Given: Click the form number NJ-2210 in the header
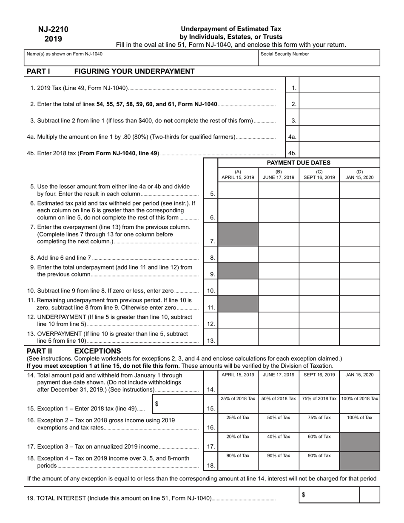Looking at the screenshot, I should pos(53,29).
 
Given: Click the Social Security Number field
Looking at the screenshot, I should pos(319,58).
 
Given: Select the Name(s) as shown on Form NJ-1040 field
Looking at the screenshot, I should pos(141,58).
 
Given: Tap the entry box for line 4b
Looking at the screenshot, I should pos(339,150).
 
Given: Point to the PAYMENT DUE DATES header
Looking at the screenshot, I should pos(298,163).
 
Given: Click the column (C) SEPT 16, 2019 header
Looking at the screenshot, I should pos(319,175).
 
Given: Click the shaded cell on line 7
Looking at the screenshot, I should pos(238,235).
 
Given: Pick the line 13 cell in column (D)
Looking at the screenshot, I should pos(359,337).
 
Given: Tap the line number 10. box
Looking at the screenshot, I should pos(211,291).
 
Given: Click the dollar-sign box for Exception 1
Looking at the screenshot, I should pos(177,404).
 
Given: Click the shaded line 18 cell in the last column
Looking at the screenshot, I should pos(359,460).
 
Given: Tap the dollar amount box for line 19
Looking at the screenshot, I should pos(329,495).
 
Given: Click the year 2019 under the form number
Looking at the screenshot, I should pos(53,39).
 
